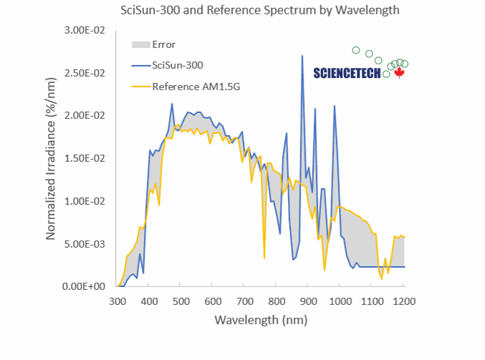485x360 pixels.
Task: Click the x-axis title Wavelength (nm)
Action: click(260, 319)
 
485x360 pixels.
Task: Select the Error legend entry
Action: click(163, 44)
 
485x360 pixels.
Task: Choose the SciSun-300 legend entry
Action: click(177, 65)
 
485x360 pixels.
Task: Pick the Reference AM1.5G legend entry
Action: click(191, 87)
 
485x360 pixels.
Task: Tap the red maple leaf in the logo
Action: click(399, 73)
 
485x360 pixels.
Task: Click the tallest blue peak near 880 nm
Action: click(302, 56)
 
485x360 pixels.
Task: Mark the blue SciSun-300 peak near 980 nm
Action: click(335, 106)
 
